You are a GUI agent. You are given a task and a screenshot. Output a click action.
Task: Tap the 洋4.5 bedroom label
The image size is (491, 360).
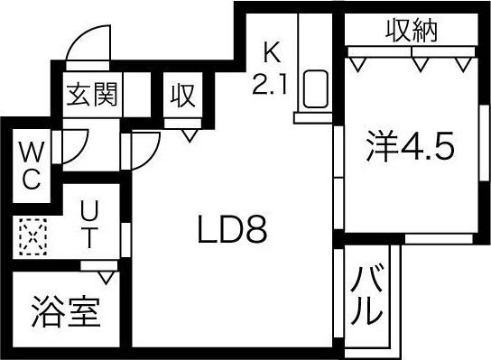pos(407,146)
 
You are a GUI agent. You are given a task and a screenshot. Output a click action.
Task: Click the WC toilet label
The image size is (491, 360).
pos(29,164)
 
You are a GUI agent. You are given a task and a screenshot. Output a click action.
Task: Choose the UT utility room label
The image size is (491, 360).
pos(90,226)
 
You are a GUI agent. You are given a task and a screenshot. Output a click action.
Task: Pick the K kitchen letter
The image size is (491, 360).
pos(272,51)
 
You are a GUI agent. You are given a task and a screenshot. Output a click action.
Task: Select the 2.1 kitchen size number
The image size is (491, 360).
pos(270,85)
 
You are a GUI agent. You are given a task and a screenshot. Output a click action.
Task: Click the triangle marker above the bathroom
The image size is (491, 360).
pos(106,275)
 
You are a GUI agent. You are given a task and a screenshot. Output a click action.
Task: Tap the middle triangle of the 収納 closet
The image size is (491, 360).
pos(418,62)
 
